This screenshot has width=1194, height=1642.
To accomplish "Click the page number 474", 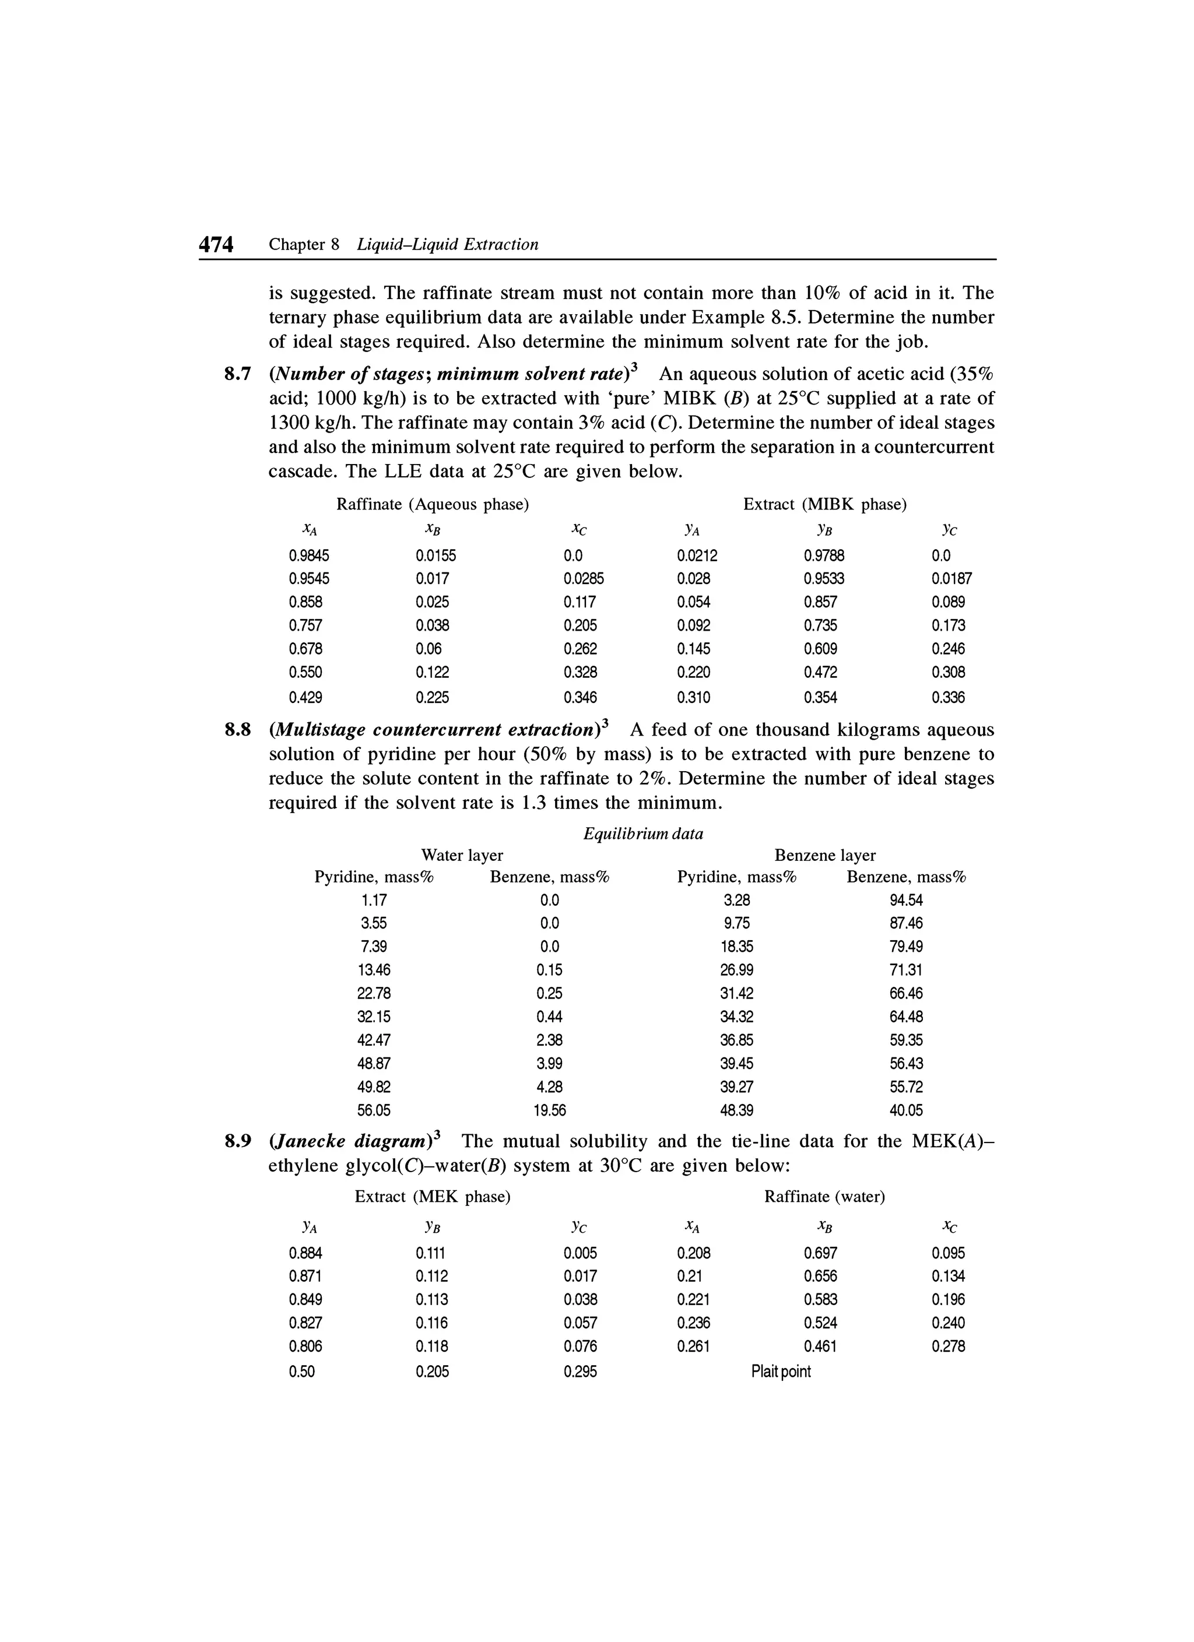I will tap(216, 245).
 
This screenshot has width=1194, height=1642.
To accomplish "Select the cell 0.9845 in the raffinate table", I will tap(308, 555).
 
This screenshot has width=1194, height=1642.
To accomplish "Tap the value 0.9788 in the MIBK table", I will tap(823, 555).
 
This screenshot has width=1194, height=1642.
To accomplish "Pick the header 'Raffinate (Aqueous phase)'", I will tap(432, 504).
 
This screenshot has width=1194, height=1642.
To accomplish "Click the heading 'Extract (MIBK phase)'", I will tap(825, 504).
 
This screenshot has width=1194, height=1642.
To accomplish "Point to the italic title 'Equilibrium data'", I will tap(642, 834).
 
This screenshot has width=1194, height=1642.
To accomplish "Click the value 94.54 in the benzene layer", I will tap(906, 900).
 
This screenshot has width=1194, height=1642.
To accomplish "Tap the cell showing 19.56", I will tap(550, 1110).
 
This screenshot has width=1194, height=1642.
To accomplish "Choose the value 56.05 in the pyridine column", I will tap(374, 1110).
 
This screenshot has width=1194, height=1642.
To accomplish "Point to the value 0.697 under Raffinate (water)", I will tap(820, 1253).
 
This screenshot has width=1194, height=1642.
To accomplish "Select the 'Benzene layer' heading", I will tap(825, 855).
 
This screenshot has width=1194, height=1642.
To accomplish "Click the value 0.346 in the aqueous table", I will tap(580, 697).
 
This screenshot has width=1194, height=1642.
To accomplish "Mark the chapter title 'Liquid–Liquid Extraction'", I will tap(448, 245).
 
